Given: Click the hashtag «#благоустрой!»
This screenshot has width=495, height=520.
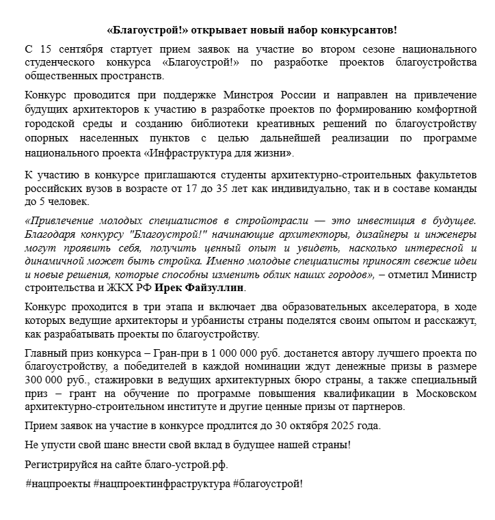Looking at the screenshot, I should click(267, 483).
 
